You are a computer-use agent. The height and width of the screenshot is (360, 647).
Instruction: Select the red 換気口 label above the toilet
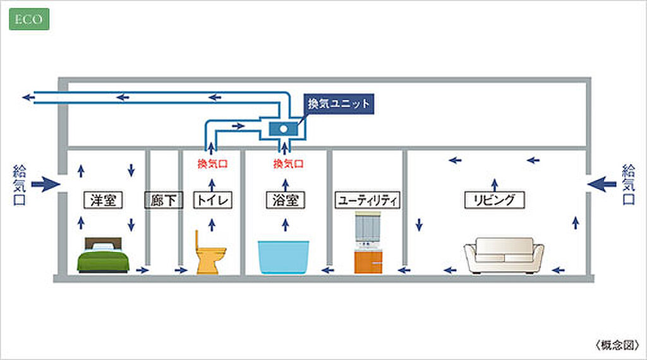pos(212,164)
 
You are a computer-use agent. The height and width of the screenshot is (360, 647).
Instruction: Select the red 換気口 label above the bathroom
pos(288,164)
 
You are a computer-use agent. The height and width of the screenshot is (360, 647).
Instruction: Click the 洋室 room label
pos(104,200)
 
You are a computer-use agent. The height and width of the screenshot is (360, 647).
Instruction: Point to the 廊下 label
pos(164,201)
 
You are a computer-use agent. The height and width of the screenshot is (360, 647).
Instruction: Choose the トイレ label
pos(212,201)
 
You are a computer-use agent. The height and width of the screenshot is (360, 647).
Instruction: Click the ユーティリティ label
pos(367,201)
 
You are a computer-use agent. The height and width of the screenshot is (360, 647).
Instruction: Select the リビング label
pos(495,201)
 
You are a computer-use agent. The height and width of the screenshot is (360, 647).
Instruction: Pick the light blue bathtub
pos(285,256)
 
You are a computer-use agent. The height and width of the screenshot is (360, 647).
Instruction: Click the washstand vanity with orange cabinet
pos(368,243)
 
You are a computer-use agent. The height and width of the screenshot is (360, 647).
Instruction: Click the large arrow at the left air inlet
pos(45,184)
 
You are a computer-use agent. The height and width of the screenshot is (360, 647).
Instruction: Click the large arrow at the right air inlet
pos(603,184)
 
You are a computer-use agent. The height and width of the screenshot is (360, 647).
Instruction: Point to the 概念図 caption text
pos(617,345)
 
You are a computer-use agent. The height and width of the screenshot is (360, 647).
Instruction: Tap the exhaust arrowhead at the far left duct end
pos(27,97)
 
